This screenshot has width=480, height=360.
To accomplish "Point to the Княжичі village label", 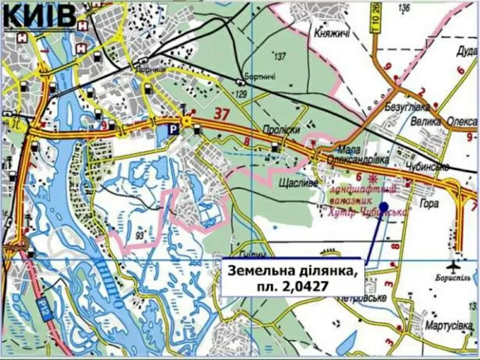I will (331, 34).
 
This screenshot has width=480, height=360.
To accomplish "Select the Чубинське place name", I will (427, 167).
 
